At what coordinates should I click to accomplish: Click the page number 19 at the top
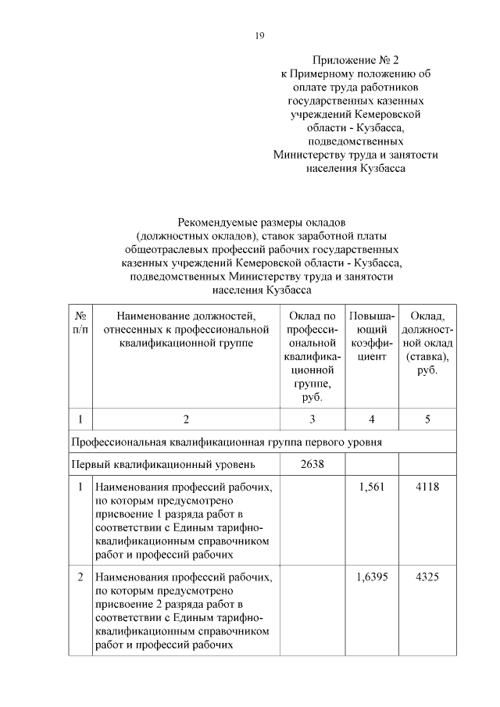[x=261, y=35]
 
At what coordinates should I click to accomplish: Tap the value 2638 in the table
[x=312, y=465]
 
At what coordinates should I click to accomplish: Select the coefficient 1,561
[x=371, y=487]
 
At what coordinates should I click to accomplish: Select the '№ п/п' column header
[x=80, y=323]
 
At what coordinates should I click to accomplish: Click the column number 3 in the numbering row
[x=312, y=420]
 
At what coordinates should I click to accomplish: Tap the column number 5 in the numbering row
[x=427, y=420]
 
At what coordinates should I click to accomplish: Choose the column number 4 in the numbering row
[x=371, y=420]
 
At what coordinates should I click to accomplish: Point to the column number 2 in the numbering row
[x=186, y=420]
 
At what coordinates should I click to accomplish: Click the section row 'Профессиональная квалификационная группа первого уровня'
[x=227, y=442]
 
